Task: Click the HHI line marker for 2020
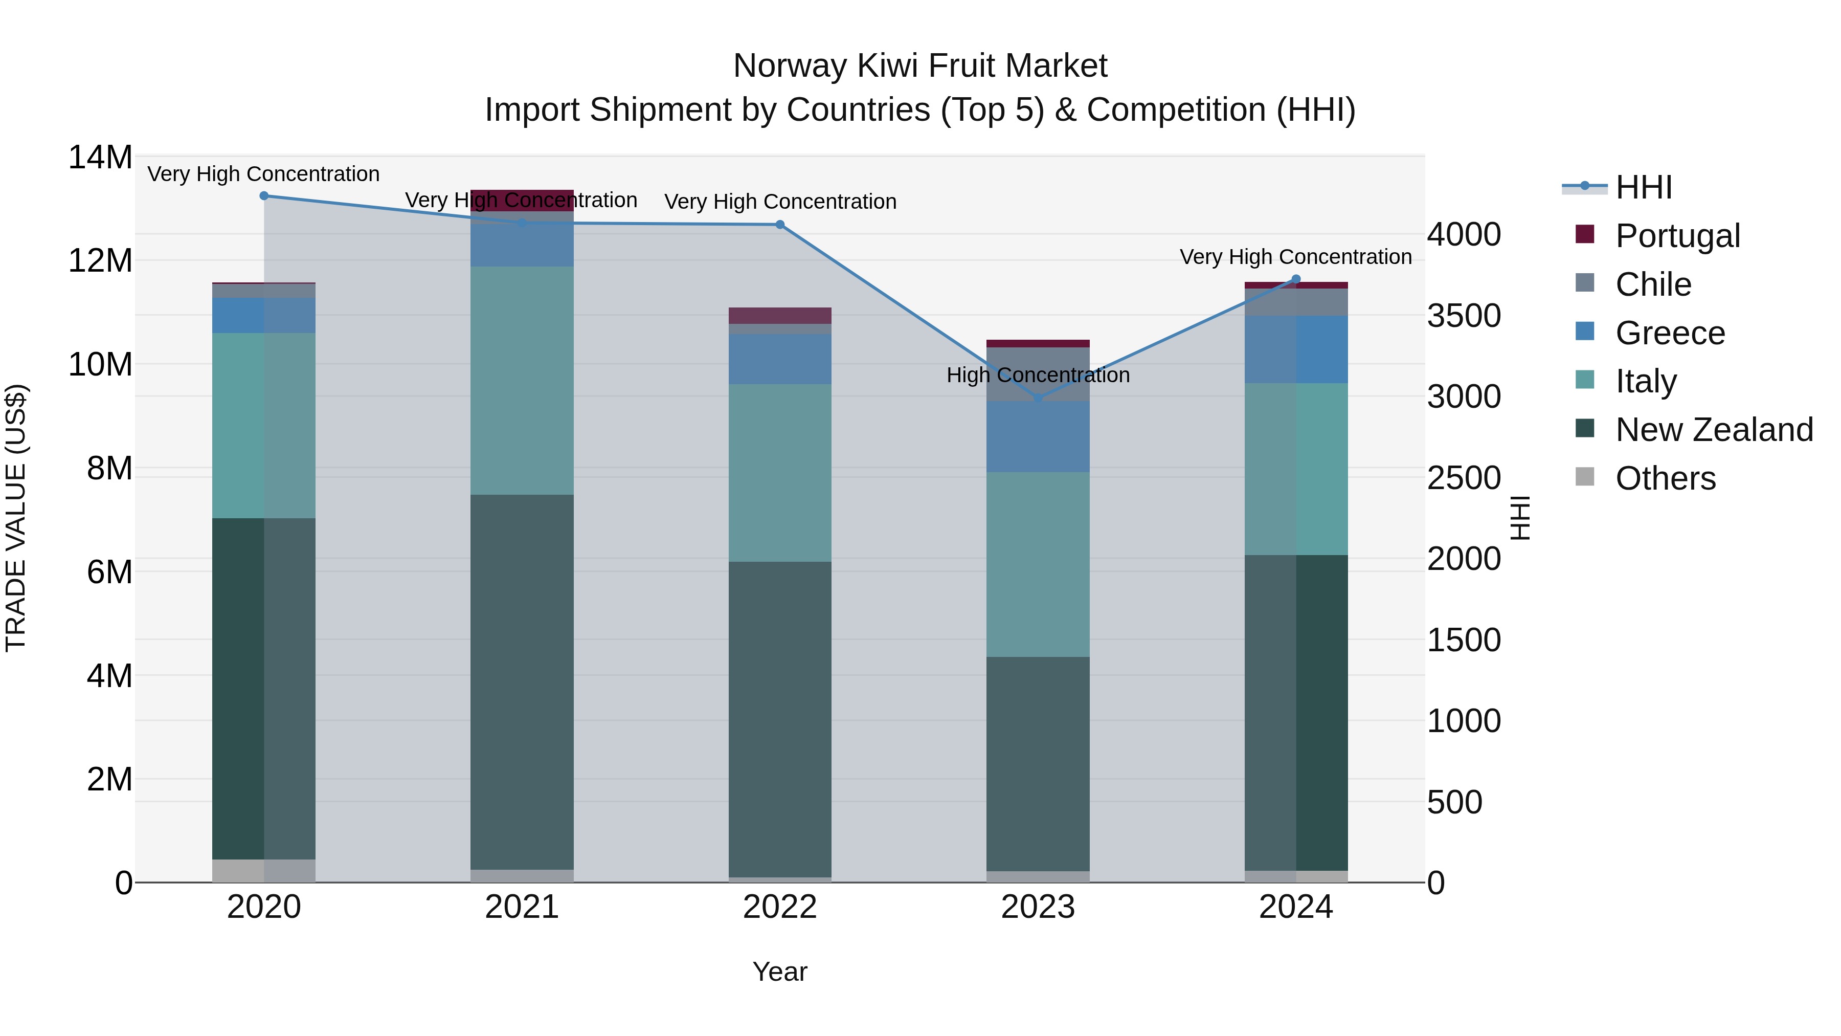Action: pos(264,195)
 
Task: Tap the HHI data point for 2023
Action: pos(1038,398)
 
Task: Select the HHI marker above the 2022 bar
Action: pos(780,225)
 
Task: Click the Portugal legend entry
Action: pos(1677,236)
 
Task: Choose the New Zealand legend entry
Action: pos(1713,430)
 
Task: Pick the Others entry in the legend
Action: pos(1665,478)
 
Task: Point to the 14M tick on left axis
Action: pos(100,157)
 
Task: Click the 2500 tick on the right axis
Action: pos(1464,478)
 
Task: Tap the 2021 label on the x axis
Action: pos(522,907)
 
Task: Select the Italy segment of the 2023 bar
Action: pos(1038,565)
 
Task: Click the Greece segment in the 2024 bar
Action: pos(1296,349)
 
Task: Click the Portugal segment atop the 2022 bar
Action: pos(780,315)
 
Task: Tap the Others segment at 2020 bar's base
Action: pos(264,870)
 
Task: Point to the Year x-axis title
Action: pos(780,972)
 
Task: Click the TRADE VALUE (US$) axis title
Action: pos(16,518)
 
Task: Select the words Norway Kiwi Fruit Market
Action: pos(920,66)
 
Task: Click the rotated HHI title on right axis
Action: pos(1520,518)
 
